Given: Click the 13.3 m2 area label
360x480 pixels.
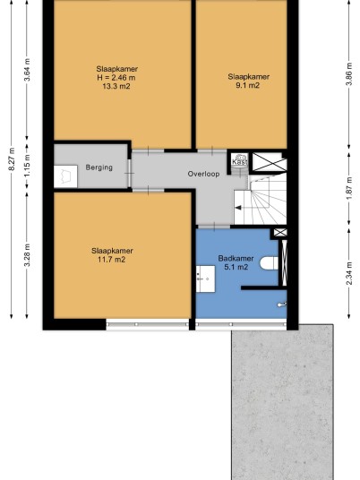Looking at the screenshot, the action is pos(116,86).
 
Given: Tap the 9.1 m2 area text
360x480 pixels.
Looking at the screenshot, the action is pos(247,85).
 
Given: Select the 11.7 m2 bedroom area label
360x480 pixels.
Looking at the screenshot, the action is pos(111,260).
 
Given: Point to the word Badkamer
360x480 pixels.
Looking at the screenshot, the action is pos(236,258).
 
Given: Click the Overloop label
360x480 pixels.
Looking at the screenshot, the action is pos(203,174).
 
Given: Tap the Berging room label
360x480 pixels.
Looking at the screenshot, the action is pos(99,167).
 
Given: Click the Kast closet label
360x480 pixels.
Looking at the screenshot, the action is pos(240,161).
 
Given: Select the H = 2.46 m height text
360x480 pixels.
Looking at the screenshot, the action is pos(116,77).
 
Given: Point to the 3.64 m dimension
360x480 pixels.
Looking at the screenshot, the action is pos(27,70).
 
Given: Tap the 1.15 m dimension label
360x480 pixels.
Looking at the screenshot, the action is pos(27,166).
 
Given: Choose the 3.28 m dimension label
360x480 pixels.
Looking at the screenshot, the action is pos(27,255).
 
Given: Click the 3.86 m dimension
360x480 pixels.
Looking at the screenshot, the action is pos(349,74).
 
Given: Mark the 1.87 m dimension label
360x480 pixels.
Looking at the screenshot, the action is pos(349,188).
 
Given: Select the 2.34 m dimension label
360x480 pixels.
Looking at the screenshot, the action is pos(349,273).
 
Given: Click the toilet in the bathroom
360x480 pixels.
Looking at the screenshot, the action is pos(269,263).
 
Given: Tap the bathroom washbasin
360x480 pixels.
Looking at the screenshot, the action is pos(205,279).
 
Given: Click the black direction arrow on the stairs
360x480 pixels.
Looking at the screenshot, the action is pos(238,208).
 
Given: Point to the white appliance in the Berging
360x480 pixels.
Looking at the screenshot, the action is pos(65,176).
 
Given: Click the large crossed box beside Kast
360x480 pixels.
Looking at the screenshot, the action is pos(269,162).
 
